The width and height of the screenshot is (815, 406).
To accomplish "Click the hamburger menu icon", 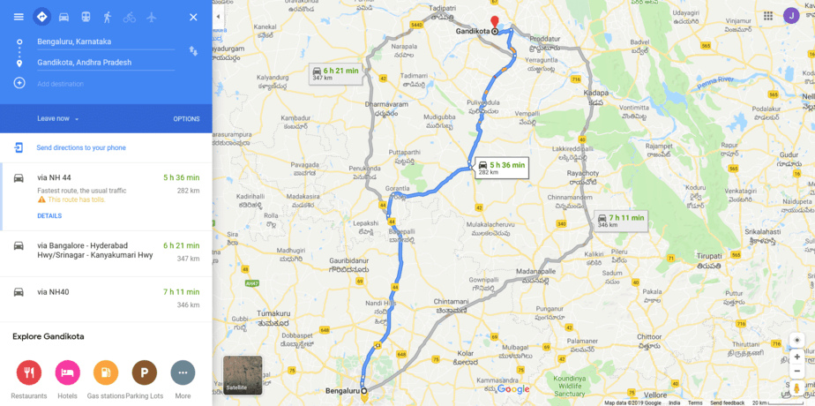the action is click(19, 17).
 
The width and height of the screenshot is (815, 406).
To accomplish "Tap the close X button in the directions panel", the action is click(193, 17).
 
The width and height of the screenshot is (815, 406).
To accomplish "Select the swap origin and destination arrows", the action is click(193, 51).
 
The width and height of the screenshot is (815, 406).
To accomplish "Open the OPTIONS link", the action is click(186, 119).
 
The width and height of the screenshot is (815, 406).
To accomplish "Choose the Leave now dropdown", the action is click(58, 119).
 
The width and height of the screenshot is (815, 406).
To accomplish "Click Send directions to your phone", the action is click(80, 147).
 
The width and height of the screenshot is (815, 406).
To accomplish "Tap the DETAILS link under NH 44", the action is click(49, 215).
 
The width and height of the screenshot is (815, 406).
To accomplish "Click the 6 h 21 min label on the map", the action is click(337, 73).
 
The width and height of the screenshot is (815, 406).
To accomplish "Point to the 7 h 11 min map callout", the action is click(622, 221).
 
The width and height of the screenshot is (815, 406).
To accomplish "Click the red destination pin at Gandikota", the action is click(495, 22).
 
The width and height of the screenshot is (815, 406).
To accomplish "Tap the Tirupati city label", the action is click(708, 255).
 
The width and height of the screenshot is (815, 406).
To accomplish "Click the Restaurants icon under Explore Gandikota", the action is click(29, 372).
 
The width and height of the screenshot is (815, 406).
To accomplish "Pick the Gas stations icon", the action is click(106, 372).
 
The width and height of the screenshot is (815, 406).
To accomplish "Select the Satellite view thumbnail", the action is click(243, 374).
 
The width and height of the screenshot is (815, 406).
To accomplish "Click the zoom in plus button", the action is click(797, 357).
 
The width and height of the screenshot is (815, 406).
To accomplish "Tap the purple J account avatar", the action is click(791, 16).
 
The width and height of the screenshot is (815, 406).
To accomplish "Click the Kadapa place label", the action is click(596, 92).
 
